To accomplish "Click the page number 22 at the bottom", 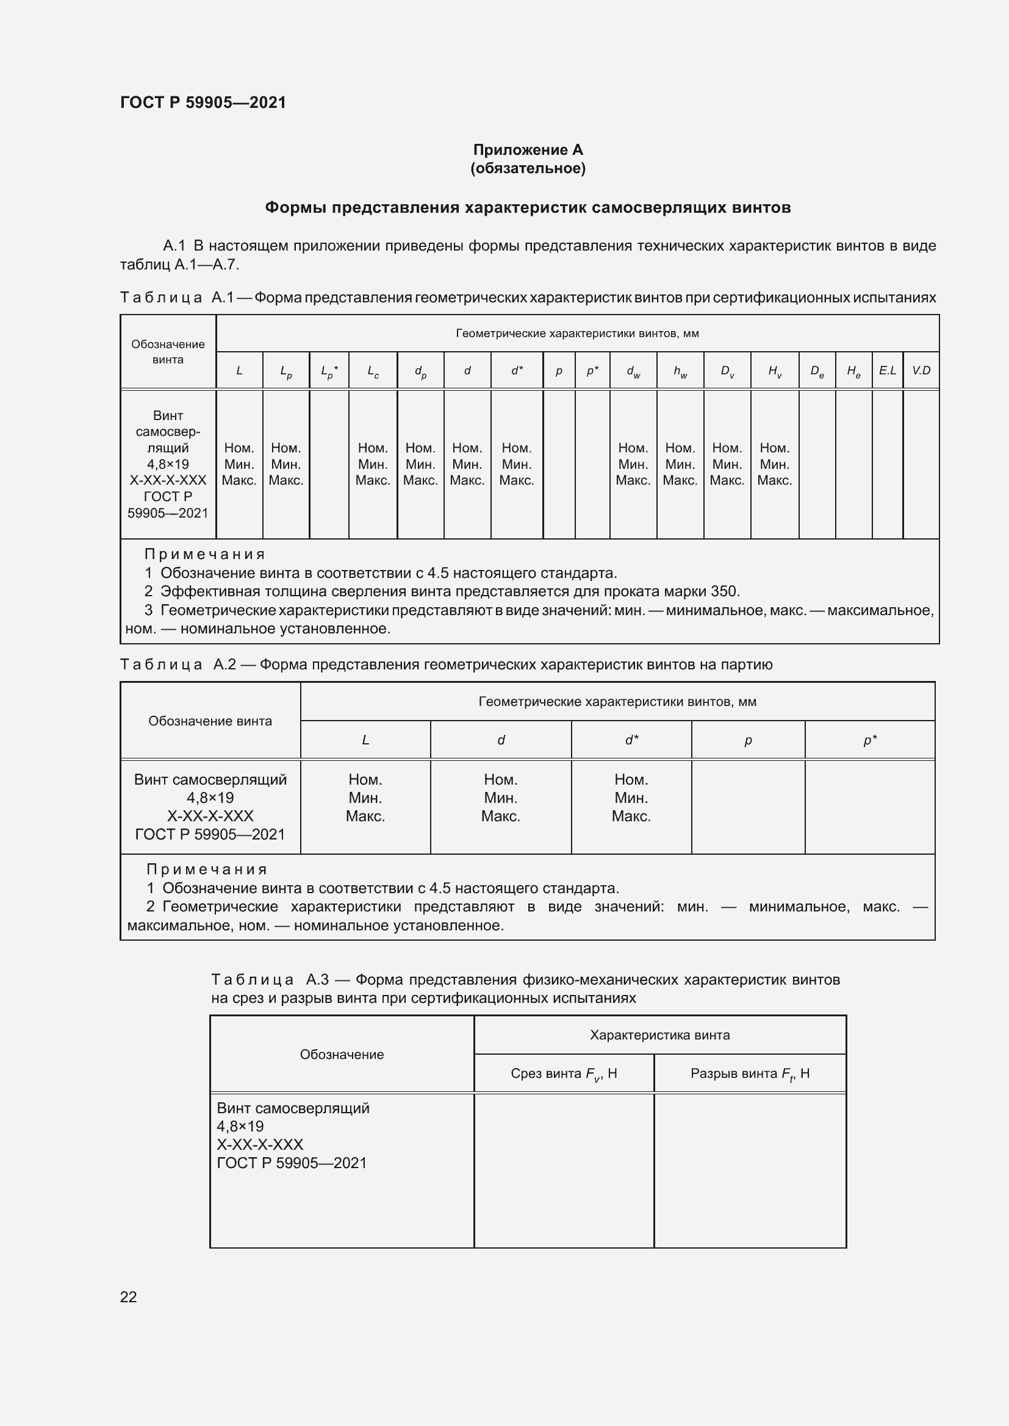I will [x=128, y=1296].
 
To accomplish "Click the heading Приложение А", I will [x=528, y=150].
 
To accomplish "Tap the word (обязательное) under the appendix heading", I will [x=528, y=168].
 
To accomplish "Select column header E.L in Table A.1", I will [x=887, y=371].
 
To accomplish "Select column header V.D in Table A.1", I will [x=921, y=371].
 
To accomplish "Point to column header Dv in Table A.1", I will [x=727, y=371].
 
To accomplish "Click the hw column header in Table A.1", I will [x=680, y=371].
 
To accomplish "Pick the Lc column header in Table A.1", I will [x=373, y=371].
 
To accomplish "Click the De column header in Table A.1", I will [x=816, y=371].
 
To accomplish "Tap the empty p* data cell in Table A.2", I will [x=869, y=806].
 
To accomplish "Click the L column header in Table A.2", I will [x=365, y=740].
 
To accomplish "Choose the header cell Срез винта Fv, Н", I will [x=564, y=1074].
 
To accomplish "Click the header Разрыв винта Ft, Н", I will [x=749, y=1074].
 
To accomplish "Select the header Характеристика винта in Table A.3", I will [x=659, y=1035].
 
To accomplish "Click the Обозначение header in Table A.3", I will [x=342, y=1055].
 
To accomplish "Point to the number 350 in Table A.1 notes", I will [x=725, y=591].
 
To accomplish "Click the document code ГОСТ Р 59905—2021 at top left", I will [x=203, y=102].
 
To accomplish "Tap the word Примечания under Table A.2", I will [x=206, y=869].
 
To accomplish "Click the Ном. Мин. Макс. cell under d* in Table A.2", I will [x=631, y=798].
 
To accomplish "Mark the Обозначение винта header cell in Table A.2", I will [x=210, y=721].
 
